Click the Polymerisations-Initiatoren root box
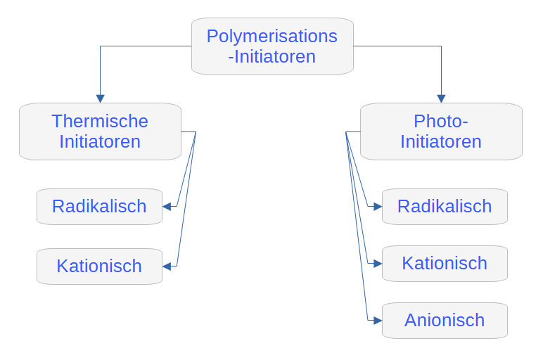[x=271, y=46]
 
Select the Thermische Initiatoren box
[x=100, y=131]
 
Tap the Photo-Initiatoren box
[x=441, y=131]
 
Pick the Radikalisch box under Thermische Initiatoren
[x=99, y=207]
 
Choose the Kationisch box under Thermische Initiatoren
[x=99, y=266]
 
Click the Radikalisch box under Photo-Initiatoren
[x=445, y=207]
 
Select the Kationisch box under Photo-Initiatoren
[x=445, y=264]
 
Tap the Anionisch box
[x=445, y=321]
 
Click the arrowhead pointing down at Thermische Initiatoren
[x=100, y=98]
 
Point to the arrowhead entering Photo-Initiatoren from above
[x=441, y=98]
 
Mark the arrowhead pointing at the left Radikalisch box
[x=167, y=207]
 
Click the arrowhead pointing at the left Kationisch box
[x=167, y=266]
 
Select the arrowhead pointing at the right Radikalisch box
[x=378, y=207]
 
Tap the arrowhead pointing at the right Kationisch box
[x=378, y=264]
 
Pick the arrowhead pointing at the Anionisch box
[x=378, y=321]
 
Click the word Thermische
[x=100, y=121]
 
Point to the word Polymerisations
[x=271, y=36]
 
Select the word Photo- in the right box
[x=441, y=121]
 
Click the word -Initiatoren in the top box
[x=271, y=57]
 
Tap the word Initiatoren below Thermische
[x=100, y=141]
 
